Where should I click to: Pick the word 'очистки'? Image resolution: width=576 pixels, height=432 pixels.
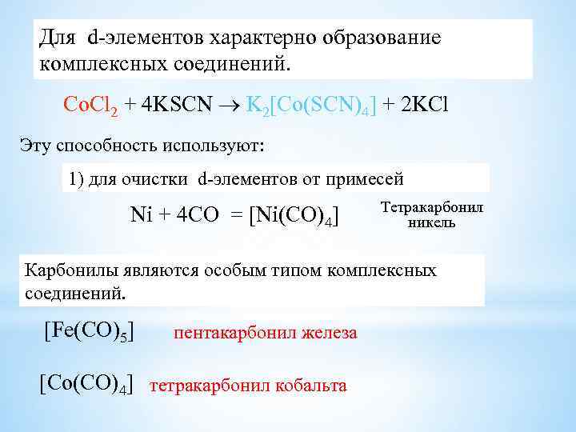click(x=158, y=178)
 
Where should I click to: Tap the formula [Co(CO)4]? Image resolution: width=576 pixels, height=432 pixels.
click(x=86, y=382)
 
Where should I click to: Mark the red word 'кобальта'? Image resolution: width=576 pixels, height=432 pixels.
click(x=309, y=386)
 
